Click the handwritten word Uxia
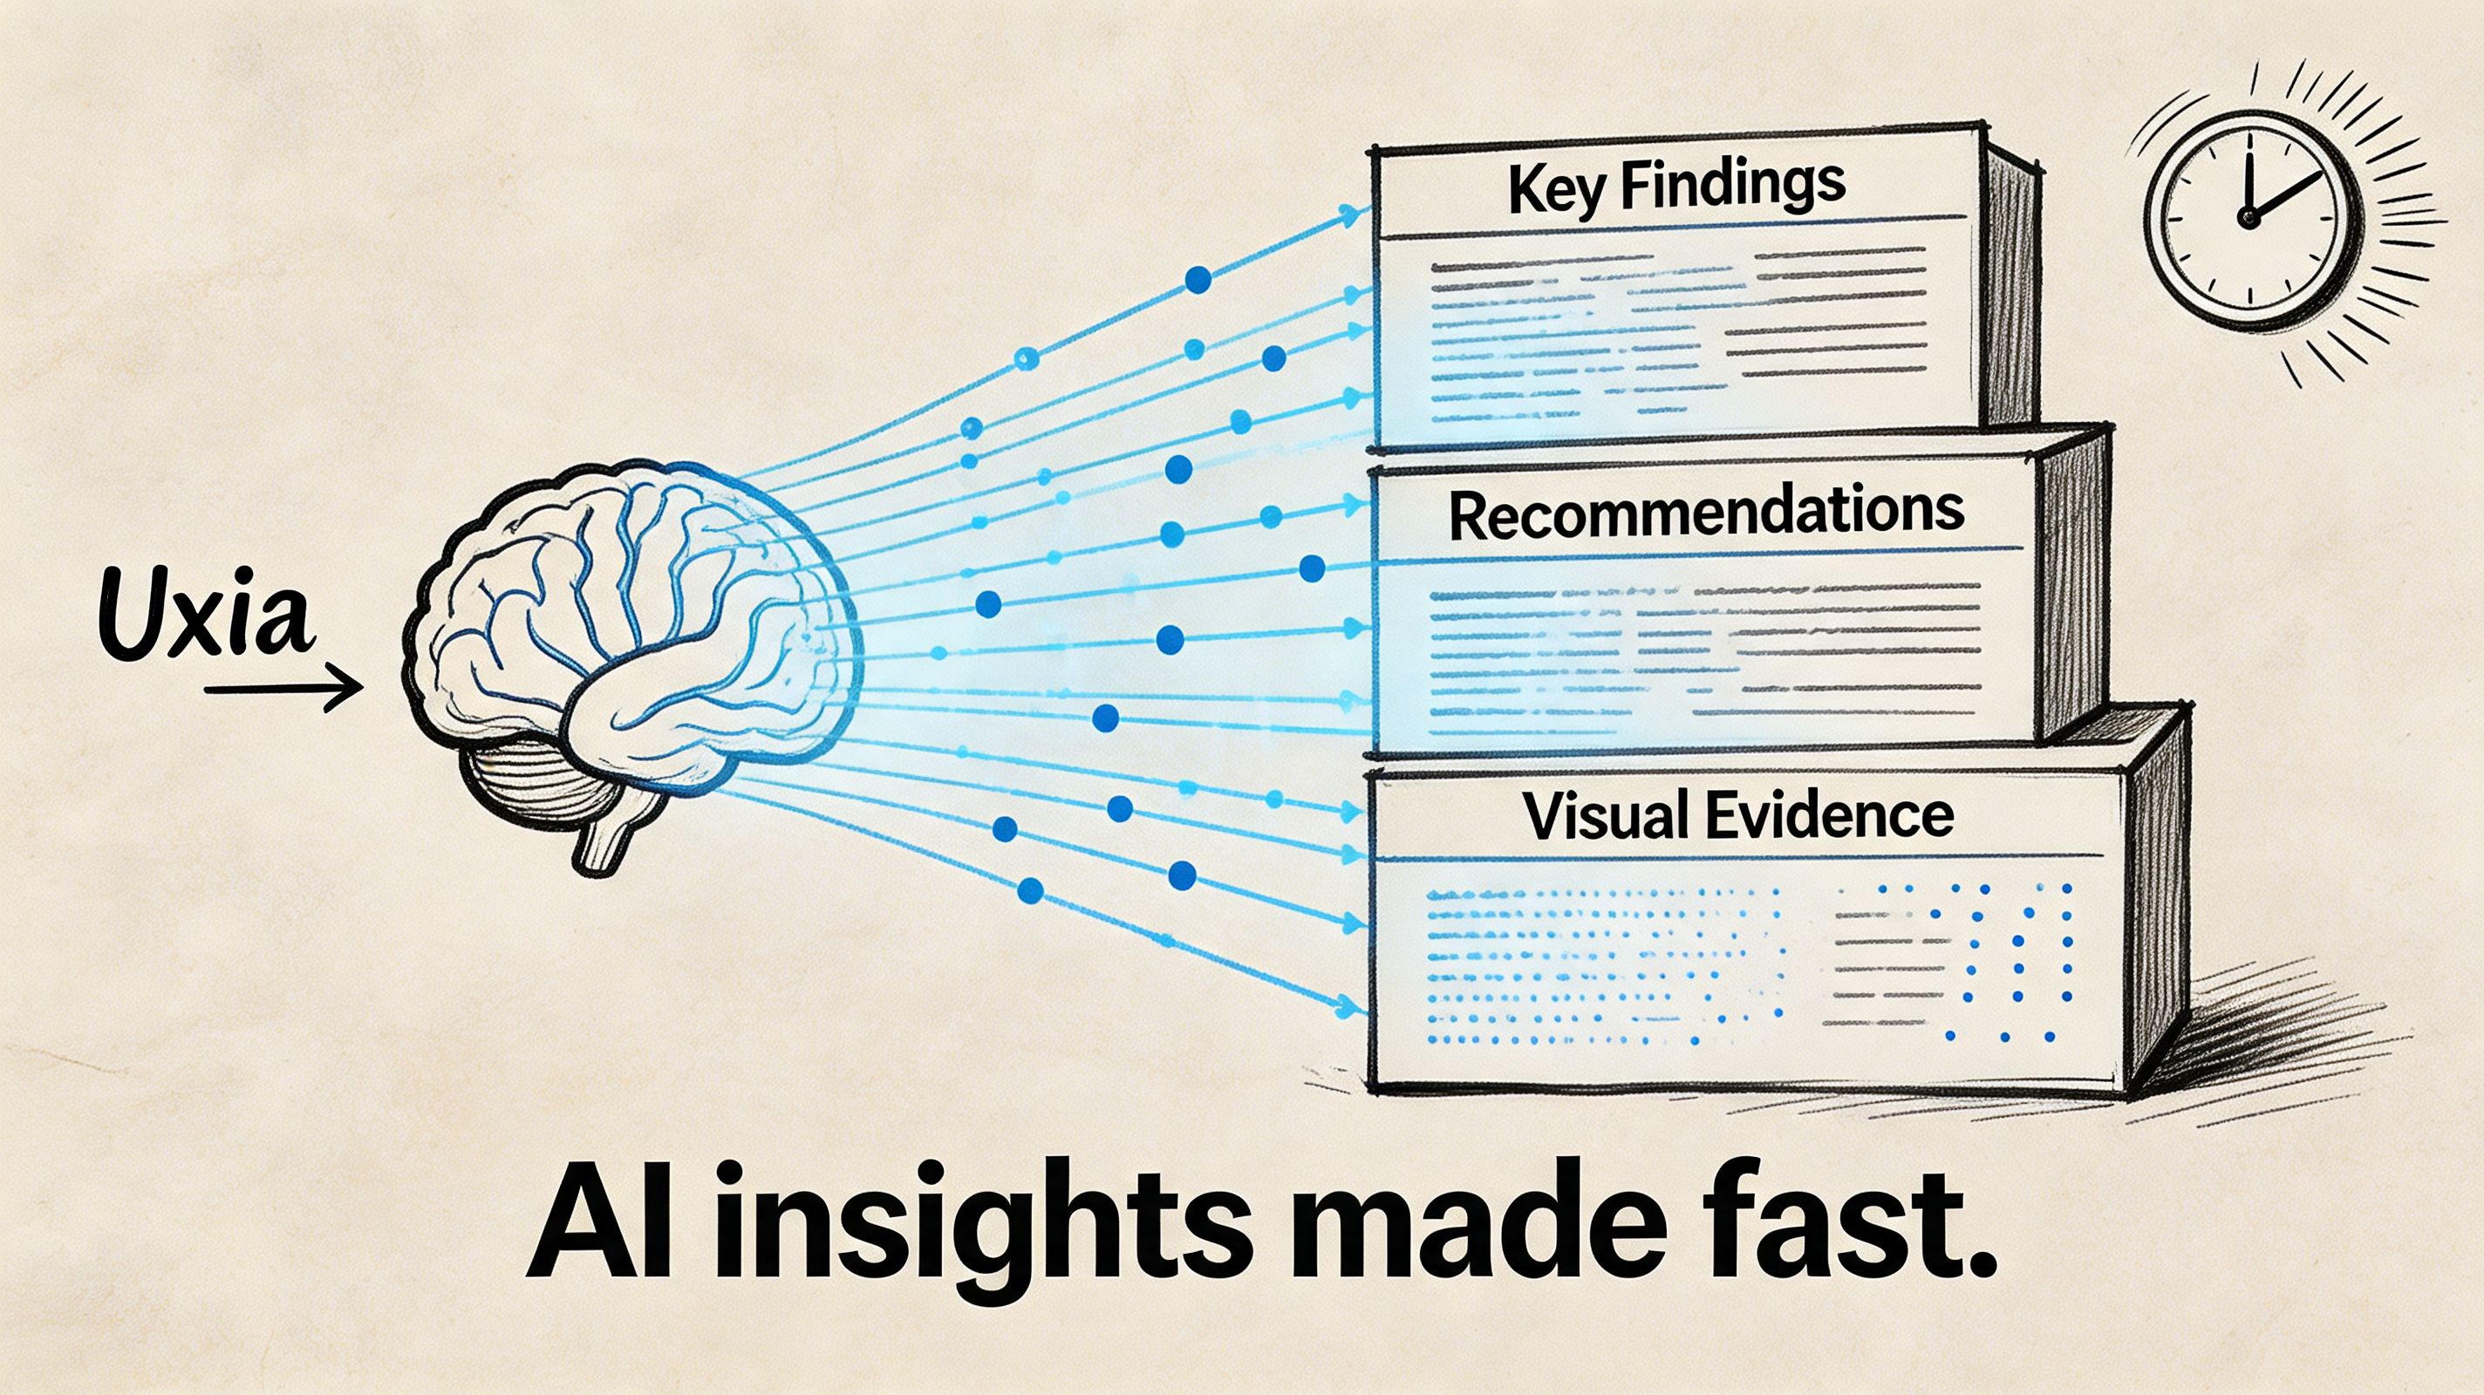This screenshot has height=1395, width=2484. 208,614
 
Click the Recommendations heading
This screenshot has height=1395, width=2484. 1706,514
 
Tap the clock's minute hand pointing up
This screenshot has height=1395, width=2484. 2247,186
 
